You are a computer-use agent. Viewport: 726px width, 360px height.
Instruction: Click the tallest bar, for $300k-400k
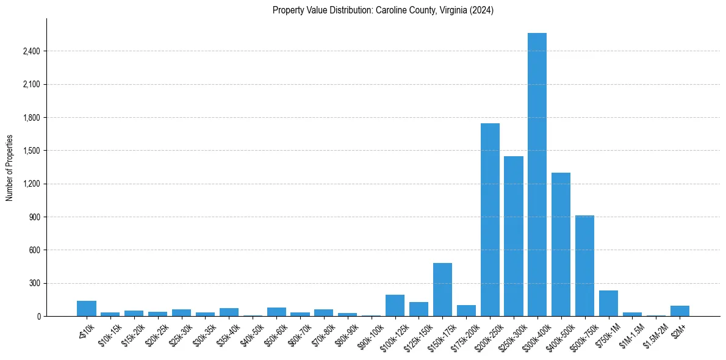(x=537, y=175)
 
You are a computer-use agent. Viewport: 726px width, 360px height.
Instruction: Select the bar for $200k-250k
(x=490, y=220)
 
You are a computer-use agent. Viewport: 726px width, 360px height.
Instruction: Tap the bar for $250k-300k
(x=514, y=236)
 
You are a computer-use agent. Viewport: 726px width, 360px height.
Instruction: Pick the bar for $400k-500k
(x=561, y=244)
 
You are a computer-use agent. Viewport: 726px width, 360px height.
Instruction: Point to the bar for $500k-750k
(x=584, y=265)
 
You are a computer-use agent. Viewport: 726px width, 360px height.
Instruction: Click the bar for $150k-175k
(x=442, y=290)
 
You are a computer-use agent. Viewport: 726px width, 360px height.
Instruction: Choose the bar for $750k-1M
(x=608, y=303)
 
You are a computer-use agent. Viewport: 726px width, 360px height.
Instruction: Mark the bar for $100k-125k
(x=395, y=306)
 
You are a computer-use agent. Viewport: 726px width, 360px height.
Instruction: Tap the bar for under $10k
(x=87, y=309)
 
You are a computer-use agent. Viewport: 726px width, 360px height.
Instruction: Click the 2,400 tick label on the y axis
(x=31, y=51)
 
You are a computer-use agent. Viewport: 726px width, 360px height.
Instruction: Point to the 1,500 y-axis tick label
(x=31, y=151)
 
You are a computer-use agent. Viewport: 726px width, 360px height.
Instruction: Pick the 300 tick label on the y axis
(x=34, y=283)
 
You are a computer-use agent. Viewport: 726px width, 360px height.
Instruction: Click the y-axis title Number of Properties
(x=10, y=167)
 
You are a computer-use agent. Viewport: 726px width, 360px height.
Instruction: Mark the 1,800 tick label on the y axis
(x=31, y=118)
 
